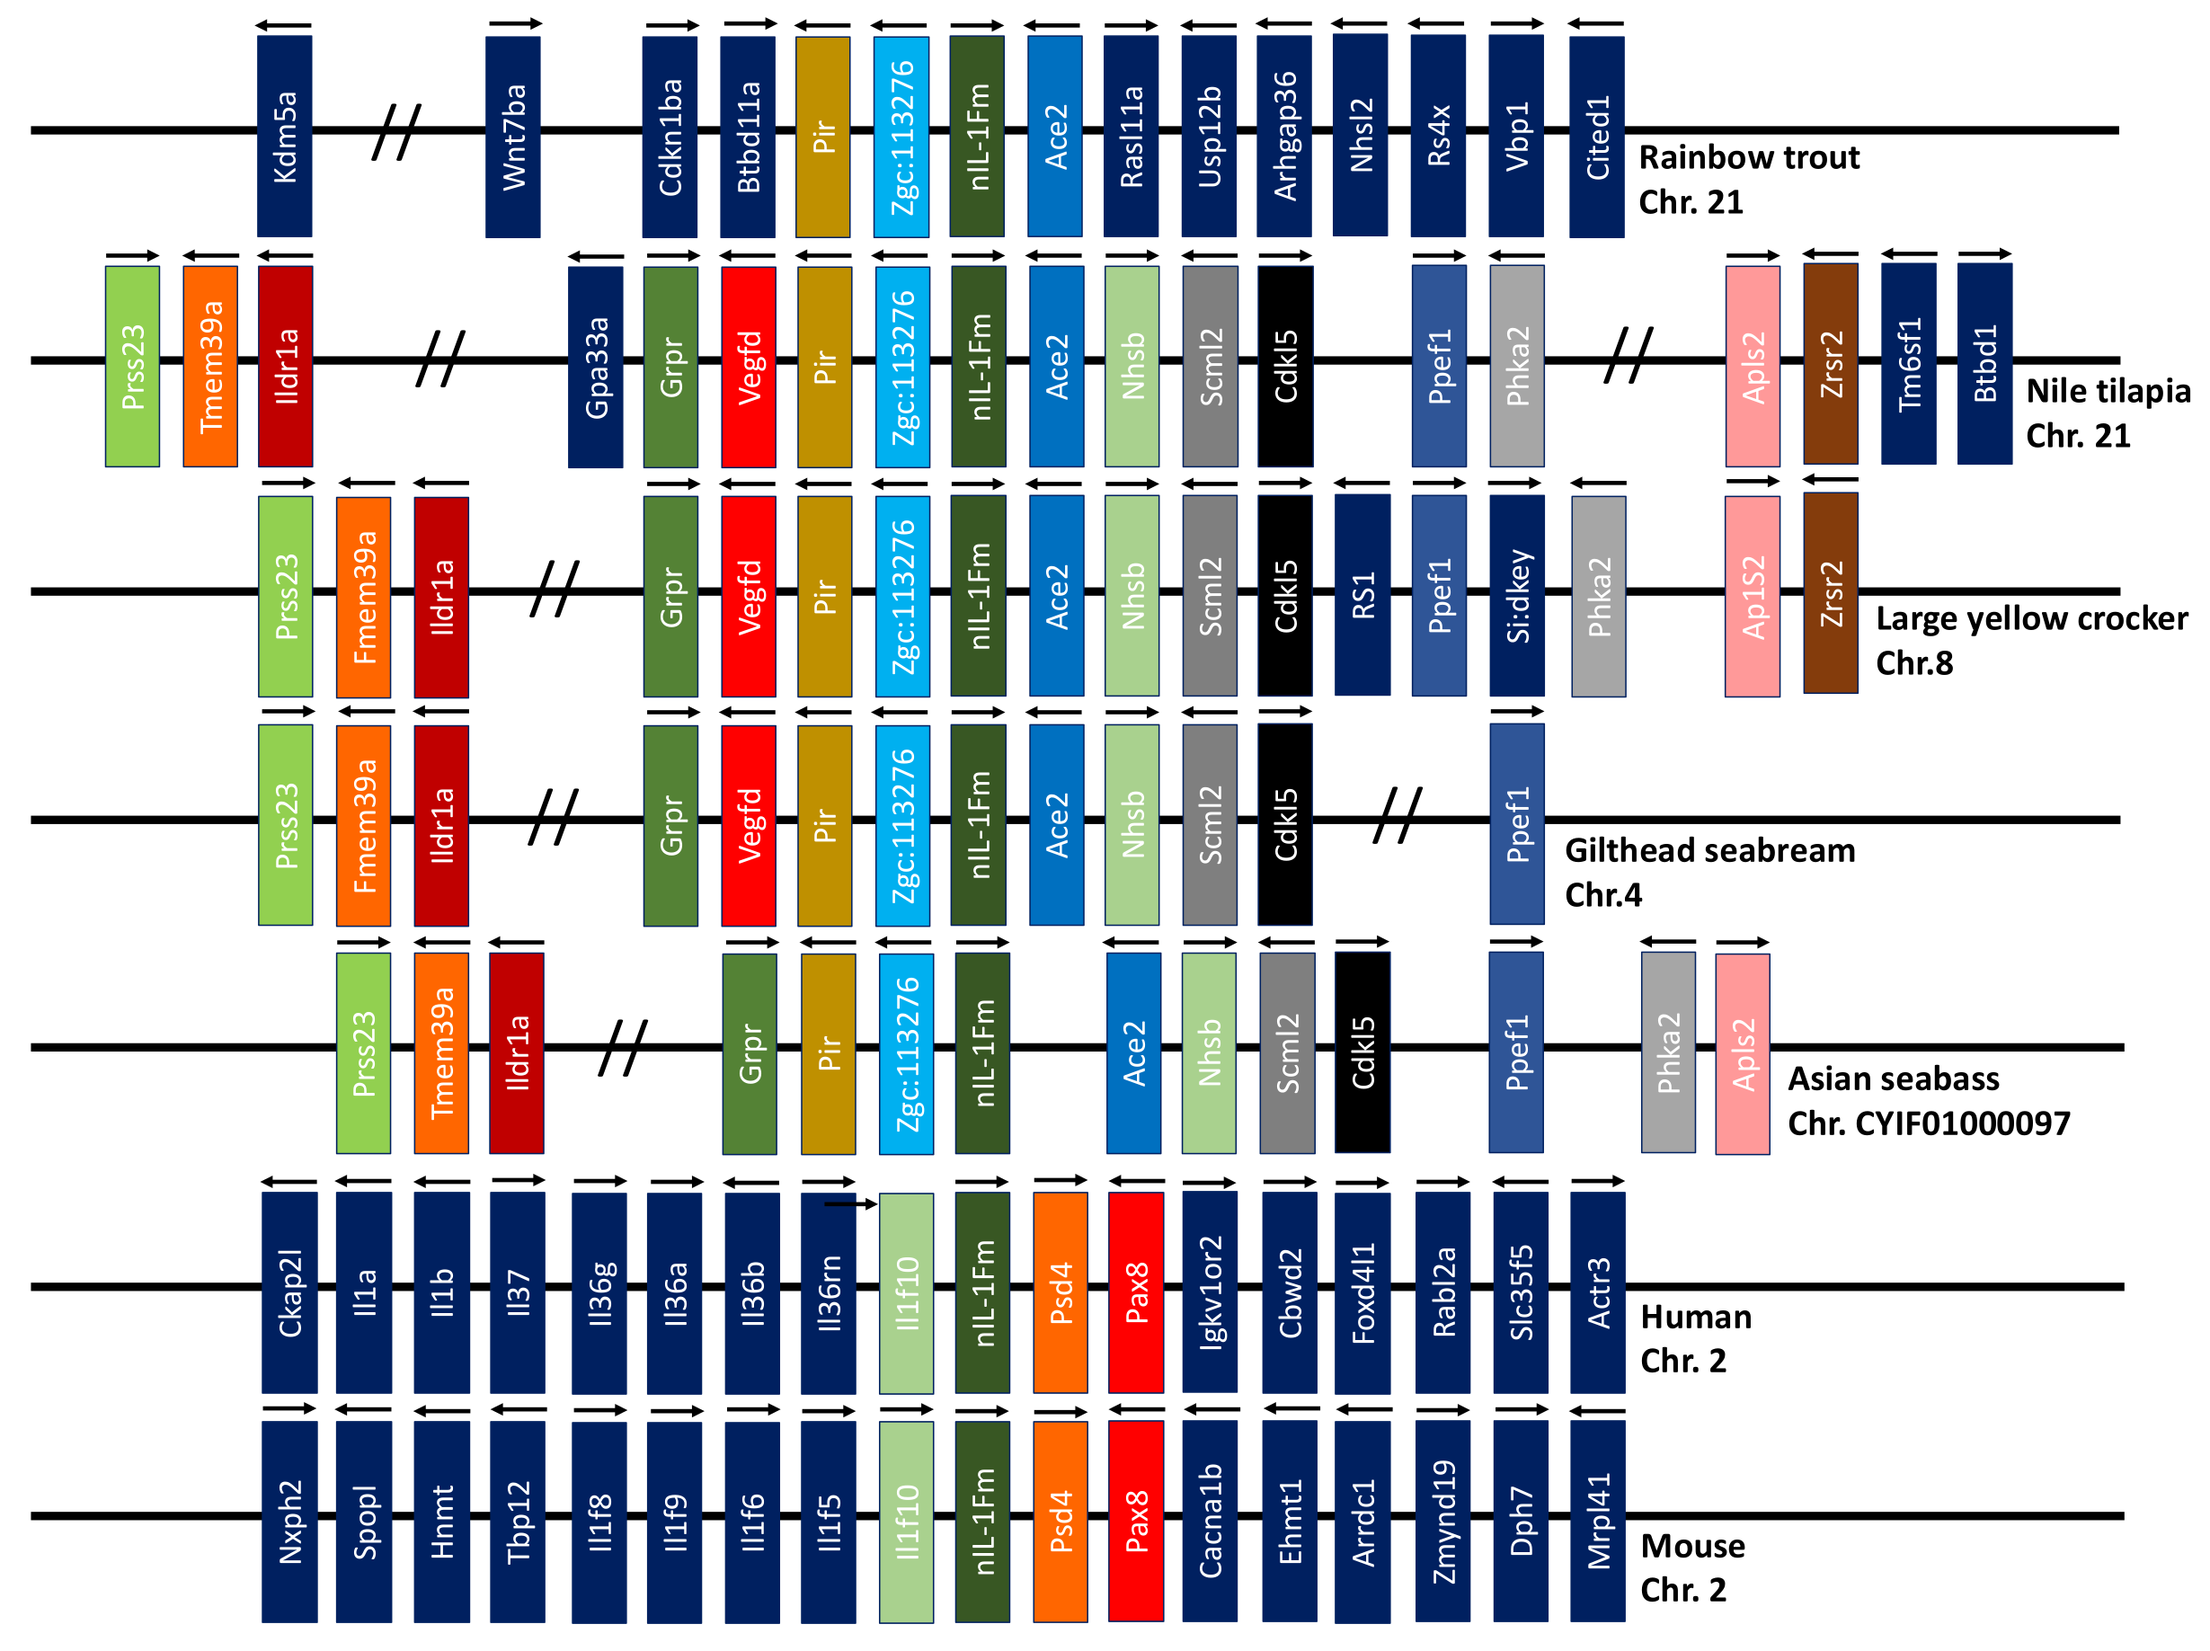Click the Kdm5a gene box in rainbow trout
click(284, 136)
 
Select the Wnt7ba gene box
click(512, 136)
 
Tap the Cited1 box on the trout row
click(1595, 136)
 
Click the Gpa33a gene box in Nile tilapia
click(596, 366)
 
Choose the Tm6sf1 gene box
click(1907, 364)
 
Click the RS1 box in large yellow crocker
click(1362, 595)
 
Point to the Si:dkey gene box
click(1517, 595)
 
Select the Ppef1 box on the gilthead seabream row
click(1517, 823)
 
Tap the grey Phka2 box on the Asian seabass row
click(1667, 1052)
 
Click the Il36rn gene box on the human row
click(829, 1292)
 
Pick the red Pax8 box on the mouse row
click(1136, 1520)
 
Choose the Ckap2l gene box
click(289, 1292)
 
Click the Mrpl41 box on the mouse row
click(1598, 1520)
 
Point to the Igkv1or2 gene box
click(1210, 1292)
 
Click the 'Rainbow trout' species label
click(1748, 158)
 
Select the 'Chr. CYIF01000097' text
click(1929, 1123)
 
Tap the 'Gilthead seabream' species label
click(1709, 850)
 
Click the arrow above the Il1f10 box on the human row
click(850, 1204)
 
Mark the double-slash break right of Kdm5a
click(396, 131)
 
